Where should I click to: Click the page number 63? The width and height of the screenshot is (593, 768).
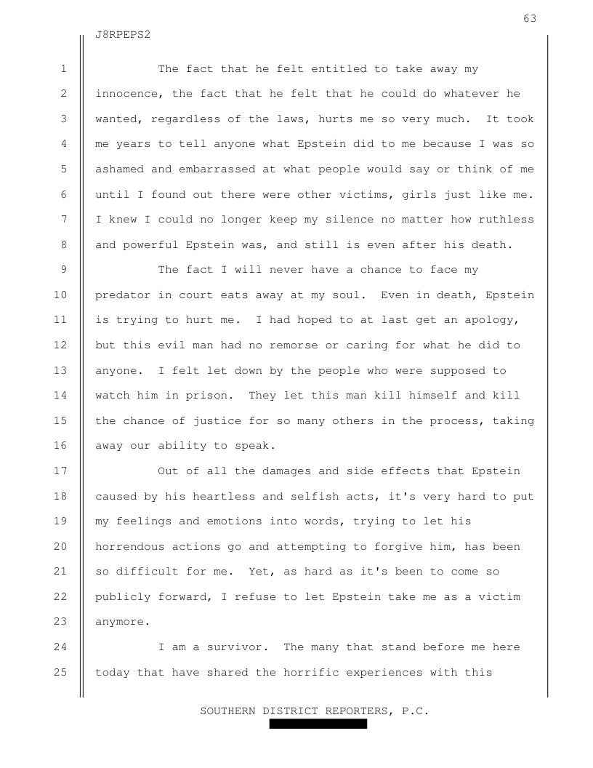click(x=530, y=18)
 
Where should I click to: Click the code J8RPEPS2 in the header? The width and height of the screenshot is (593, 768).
click(x=123, y=35)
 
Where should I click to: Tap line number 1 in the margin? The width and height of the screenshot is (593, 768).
click(x=64, y=69)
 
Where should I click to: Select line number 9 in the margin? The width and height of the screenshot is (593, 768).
click(x=64, y=270)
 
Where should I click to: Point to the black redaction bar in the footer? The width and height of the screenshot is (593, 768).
click(x=318, y=724)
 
